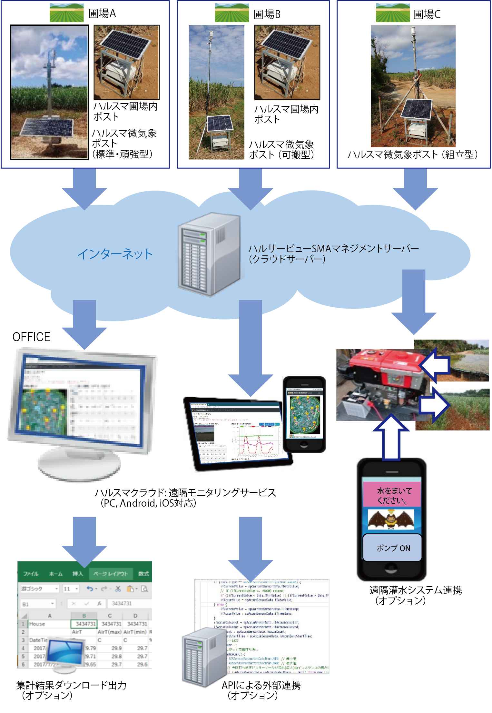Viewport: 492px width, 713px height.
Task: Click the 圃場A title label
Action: click(102, 13)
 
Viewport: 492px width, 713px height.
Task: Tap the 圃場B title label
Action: click(267, 14)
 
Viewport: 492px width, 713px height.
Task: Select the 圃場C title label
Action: click(427, 14)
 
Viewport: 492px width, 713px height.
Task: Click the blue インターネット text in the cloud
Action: click(115, 254)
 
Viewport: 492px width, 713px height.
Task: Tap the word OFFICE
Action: click(31, 337)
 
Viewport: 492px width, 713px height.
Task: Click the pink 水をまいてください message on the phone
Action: click(392, 495)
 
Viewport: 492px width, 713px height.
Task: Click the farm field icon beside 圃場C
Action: click(392, 13)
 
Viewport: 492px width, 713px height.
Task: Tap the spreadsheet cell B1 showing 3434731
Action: click(84, 624)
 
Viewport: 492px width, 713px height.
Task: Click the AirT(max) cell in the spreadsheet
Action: click(110, 632)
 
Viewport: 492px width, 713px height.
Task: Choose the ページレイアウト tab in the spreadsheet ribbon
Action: click(111, 574)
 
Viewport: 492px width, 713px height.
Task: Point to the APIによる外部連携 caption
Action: click(261, 685)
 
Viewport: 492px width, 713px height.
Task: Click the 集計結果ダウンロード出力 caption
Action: click(71, 685)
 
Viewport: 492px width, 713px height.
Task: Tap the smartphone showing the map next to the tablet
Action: click(304, 414)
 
